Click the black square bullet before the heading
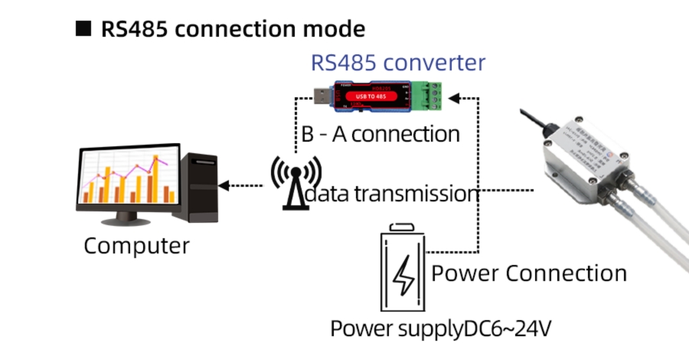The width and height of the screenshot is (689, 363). [83, 29]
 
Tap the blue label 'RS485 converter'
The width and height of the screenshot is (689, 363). [397, 62]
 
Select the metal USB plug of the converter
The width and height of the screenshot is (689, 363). [322, 96]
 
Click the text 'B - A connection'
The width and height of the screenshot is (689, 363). [380, 134]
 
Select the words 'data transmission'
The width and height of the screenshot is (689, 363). [391, 194]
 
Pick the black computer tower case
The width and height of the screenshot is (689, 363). [197, 185]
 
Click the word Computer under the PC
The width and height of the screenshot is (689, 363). [136, 246]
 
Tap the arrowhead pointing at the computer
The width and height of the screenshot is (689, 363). [224, 185]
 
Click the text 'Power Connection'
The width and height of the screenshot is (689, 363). [529, 273]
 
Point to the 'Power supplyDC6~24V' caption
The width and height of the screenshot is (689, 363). [441, 329]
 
